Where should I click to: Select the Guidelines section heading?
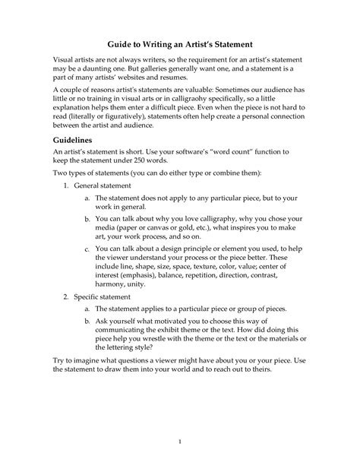pyautogui.click(x=68, y=141)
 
